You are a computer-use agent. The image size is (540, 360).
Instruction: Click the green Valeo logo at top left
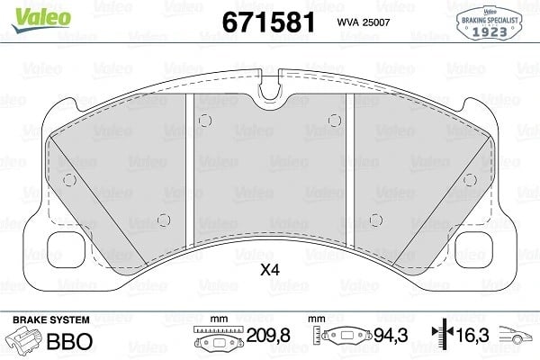41,19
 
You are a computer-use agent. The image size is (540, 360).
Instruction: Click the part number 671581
268,22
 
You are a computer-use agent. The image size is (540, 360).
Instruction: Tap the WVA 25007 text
364,22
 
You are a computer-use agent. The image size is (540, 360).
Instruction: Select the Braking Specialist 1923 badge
490,23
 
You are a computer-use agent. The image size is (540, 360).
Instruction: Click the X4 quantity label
270,270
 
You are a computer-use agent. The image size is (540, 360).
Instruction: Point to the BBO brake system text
69,341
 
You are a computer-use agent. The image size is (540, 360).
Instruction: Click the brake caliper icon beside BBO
23,340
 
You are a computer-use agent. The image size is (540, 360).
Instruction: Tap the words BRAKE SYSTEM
51,320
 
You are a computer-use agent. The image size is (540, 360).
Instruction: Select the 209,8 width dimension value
268,335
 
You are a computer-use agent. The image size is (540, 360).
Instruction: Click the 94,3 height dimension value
391,335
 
